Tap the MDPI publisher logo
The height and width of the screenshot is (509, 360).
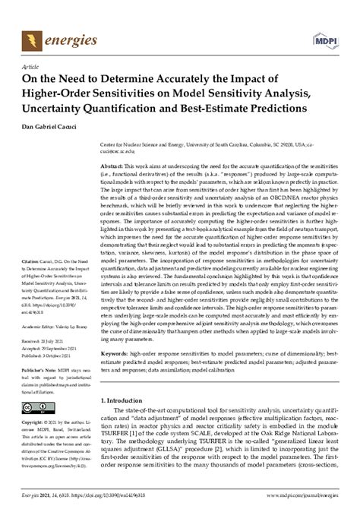(325, 36)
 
